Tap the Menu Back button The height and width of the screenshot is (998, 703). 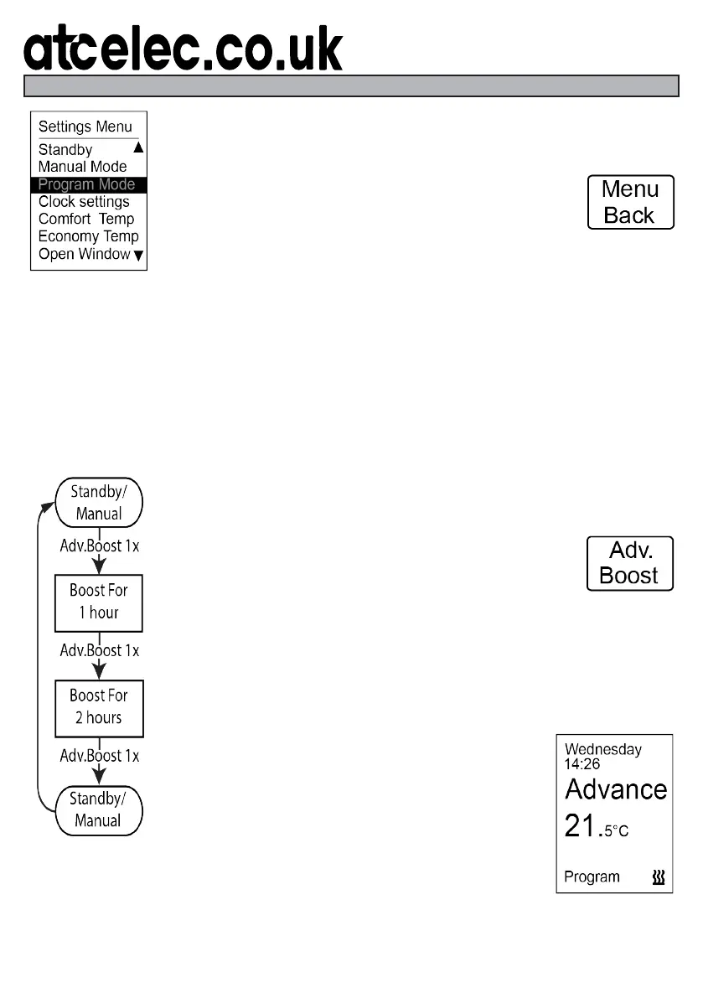630,202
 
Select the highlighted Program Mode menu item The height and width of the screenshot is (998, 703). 87,184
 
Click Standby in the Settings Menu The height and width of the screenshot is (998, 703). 65,150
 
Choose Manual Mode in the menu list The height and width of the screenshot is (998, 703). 82,167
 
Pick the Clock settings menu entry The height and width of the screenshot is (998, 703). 84,202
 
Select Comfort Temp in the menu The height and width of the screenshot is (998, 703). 85,220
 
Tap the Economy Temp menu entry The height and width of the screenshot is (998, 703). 88,236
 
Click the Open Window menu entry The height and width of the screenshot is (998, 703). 84,254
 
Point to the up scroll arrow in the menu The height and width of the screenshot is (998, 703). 138,147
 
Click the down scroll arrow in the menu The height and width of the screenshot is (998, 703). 138,255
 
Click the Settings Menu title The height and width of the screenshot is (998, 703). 85,127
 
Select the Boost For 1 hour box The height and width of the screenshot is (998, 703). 99,602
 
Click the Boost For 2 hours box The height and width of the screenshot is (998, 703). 99,706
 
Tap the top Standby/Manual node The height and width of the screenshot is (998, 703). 99,503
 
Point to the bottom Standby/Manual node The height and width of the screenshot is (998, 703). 99,810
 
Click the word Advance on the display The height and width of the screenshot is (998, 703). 616,789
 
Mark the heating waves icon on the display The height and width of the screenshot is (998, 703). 659,877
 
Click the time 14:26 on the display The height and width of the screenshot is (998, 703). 582,764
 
